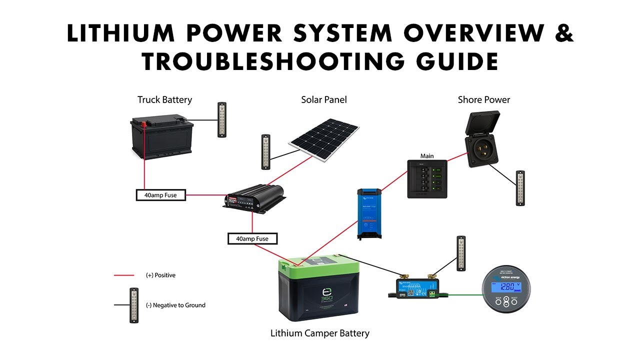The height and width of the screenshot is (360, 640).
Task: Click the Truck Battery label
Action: pyautogui.click(x=164, y=100)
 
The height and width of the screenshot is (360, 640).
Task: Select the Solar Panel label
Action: pyautogui.click(x=323, y=100)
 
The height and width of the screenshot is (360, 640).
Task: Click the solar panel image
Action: pyautogui.click(x=324, y=140)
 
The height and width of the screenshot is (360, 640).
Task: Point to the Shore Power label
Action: pyautogui.click(x=483, y=100)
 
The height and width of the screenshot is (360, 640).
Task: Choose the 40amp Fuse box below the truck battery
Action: pyautogui.click(x=160, y=195)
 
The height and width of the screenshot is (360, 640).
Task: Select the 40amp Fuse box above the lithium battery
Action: pyautogui.click(x=252, y=238)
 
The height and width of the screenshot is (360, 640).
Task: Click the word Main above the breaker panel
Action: pyautogui.click(x=426, y=156)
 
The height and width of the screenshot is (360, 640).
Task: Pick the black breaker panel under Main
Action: pyautogui.click(x=426, y=179)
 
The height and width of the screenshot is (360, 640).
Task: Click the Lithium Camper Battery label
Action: pyautogui.click(x=319, y=333)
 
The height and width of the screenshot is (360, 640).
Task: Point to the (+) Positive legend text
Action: pyautogui.click(x=160, y=275)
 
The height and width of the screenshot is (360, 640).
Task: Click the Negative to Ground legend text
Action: pyautogui.click(x=175, y=305)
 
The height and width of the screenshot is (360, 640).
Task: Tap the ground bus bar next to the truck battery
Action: pyautogui.click(x=222, y=119)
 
